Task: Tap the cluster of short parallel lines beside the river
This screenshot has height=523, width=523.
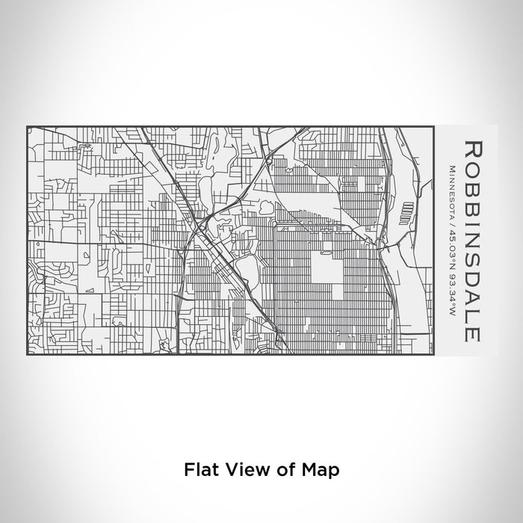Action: click(x=406, y=196)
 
